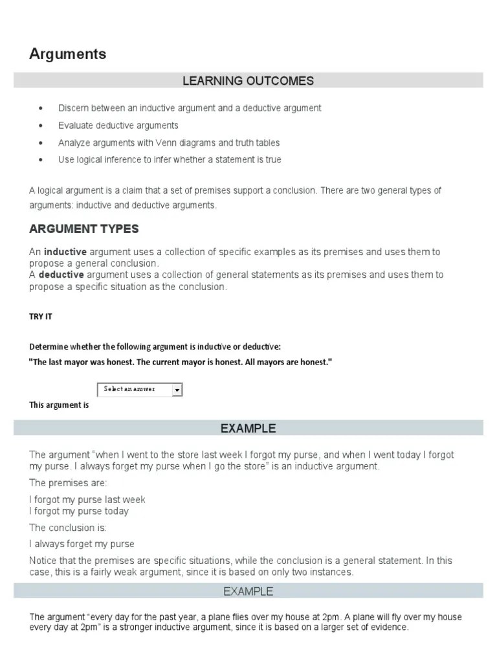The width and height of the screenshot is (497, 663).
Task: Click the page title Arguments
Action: [67, 54]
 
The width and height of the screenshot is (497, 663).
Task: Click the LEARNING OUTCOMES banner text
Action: [248, 81]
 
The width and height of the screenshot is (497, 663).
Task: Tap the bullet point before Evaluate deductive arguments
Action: [41, 126]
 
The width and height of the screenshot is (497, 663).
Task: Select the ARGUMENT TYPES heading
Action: [83, 229]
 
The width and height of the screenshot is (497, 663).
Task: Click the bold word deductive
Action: [61, 275]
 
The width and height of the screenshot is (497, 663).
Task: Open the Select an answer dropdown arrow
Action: [177, 390]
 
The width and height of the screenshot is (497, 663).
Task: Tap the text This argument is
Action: [59, 405]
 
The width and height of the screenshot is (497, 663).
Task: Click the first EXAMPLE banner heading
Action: [248, 428]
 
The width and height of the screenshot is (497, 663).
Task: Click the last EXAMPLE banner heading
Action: [248, 591]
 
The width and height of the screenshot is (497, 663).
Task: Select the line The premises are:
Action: [68, 483]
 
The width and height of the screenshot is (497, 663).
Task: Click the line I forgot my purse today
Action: [79, 511]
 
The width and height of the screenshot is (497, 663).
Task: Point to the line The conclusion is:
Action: [68, 528]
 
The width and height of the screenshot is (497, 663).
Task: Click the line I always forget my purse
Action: [82, 544]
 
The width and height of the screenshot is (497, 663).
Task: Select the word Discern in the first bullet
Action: [74, 108]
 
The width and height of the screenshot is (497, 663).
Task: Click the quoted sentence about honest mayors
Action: [180, 362]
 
